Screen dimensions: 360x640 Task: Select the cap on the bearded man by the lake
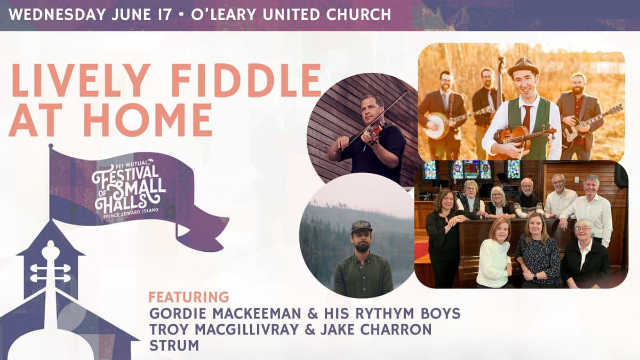[x=362, y=227]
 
